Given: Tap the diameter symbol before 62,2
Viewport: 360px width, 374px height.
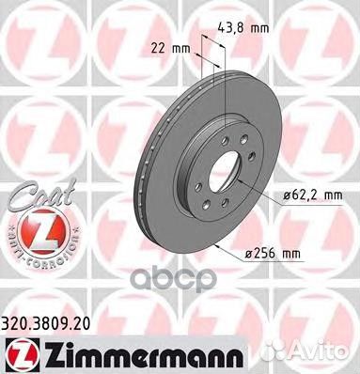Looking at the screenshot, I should coord(285,195).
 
